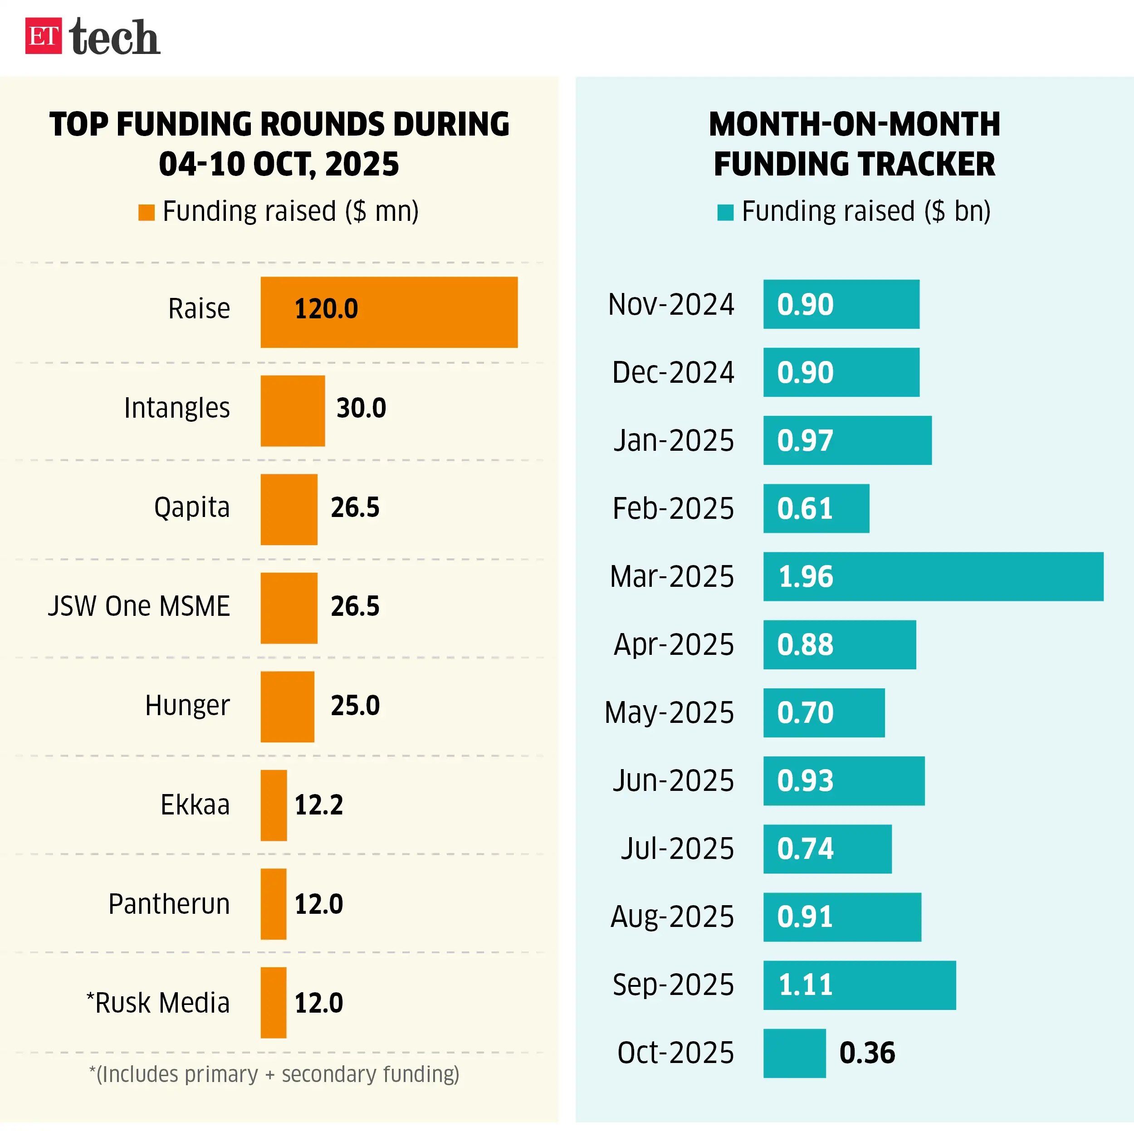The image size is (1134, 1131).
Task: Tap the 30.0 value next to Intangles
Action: [361, 408]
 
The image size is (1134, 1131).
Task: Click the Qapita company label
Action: [191, 507]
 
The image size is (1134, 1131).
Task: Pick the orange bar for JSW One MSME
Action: [289, 608]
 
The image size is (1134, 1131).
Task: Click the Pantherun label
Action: [169, 903]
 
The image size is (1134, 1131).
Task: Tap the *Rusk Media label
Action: [158, 1003]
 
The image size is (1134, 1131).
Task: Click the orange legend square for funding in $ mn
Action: [146, 213]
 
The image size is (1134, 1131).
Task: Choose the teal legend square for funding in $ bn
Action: [725, 213]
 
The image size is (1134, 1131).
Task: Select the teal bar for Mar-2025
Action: [933, 576]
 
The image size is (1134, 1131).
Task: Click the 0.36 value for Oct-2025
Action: [867, 1053]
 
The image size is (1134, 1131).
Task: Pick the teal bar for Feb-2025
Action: [816, 508]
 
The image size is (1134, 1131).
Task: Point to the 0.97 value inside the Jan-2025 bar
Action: [805, 440]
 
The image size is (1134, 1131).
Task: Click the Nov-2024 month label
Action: [670, 304]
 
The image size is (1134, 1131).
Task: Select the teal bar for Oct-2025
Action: [794, 1053]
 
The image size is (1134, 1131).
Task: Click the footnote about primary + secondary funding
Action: [274, 1074]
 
